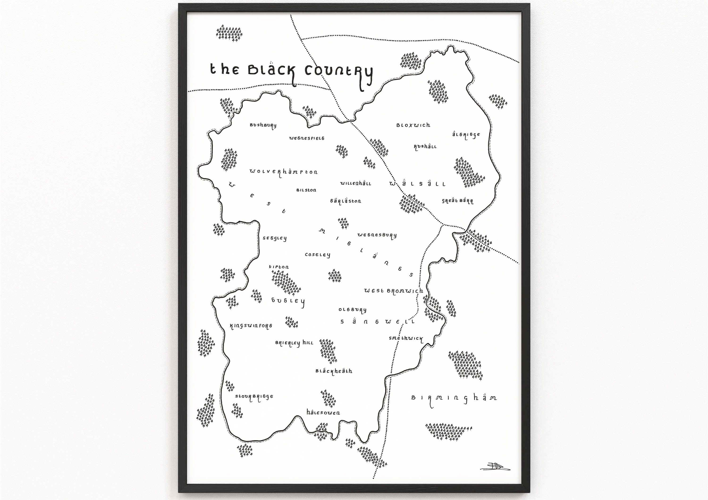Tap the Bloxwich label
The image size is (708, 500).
[x=413, y=125]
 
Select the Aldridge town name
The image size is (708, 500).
[x=466, y=135]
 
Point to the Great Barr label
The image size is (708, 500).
[x=457, y=201]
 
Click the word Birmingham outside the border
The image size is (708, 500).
[x=454, y=398]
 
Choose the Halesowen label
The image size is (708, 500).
[x=323, y=412]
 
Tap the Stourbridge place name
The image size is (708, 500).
[x=254, y=397]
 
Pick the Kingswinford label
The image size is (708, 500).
[x=251, y=326]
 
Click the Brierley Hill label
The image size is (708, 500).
[x=294, y=343]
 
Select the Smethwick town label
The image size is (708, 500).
[x=406, y=338]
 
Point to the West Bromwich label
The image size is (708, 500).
[x=393, y=291]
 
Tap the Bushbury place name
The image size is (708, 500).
[x=263, y=125]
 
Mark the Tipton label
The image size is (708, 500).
[x=279, y=267]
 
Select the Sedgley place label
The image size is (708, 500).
[x=274, y=238]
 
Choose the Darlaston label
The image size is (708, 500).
[x=345, y=201]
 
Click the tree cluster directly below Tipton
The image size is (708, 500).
[x=286, y=283]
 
